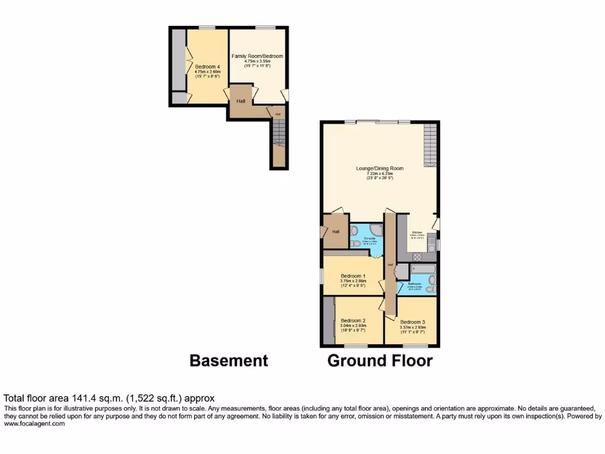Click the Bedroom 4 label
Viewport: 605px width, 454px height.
click(x=207, y=67)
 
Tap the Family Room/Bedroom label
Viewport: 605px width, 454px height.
click(x=257, y=56)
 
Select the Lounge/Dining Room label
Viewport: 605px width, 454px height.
click(x=379, y=168)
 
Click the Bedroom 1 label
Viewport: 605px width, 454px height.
click(x=353, y=276)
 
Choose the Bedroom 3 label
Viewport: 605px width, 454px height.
click(x=412, y=322)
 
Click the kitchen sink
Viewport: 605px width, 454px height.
click(x=432, y=244)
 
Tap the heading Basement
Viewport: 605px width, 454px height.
click(x=229, y=361)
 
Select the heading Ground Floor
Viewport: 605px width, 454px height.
click(x=380, y=361)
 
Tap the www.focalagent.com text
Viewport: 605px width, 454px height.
click(x=34, y=423)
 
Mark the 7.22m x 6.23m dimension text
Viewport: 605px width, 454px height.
click(x=379, y=173)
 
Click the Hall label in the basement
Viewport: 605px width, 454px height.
click(x=241, y=101)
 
